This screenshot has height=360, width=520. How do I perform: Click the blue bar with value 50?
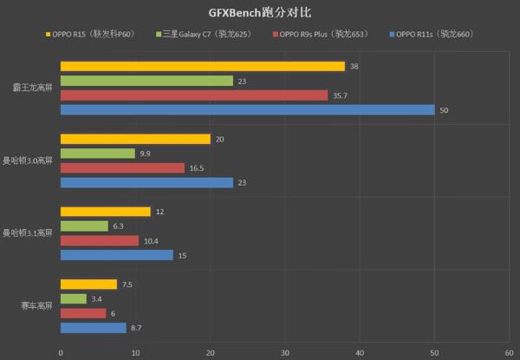[247, 109]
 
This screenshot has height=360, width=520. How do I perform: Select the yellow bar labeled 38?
[202, 67]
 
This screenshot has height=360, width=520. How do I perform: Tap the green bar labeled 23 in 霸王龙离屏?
[146, 81]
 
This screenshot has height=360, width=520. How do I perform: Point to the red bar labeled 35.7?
[193, 95]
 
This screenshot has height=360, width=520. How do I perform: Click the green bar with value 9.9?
[97, 154]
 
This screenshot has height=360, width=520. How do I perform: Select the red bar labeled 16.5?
[122, 167]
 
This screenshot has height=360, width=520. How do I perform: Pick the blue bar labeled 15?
[116, 255]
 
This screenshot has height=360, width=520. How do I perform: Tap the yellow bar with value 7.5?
[88, 285]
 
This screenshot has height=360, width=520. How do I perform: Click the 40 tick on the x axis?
[360, 352]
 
